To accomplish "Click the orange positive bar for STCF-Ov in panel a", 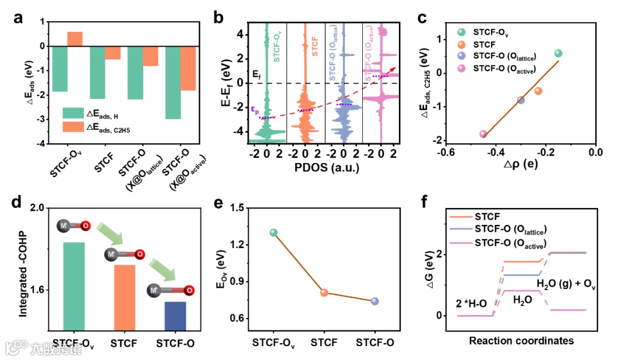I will (75, 39).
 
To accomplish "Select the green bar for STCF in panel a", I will (97, 72).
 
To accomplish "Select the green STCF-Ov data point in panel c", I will (558, 53).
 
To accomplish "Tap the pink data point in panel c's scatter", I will (483, 134).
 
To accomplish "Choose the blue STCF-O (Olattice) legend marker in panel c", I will (462, 57).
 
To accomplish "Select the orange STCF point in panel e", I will (324, 292).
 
